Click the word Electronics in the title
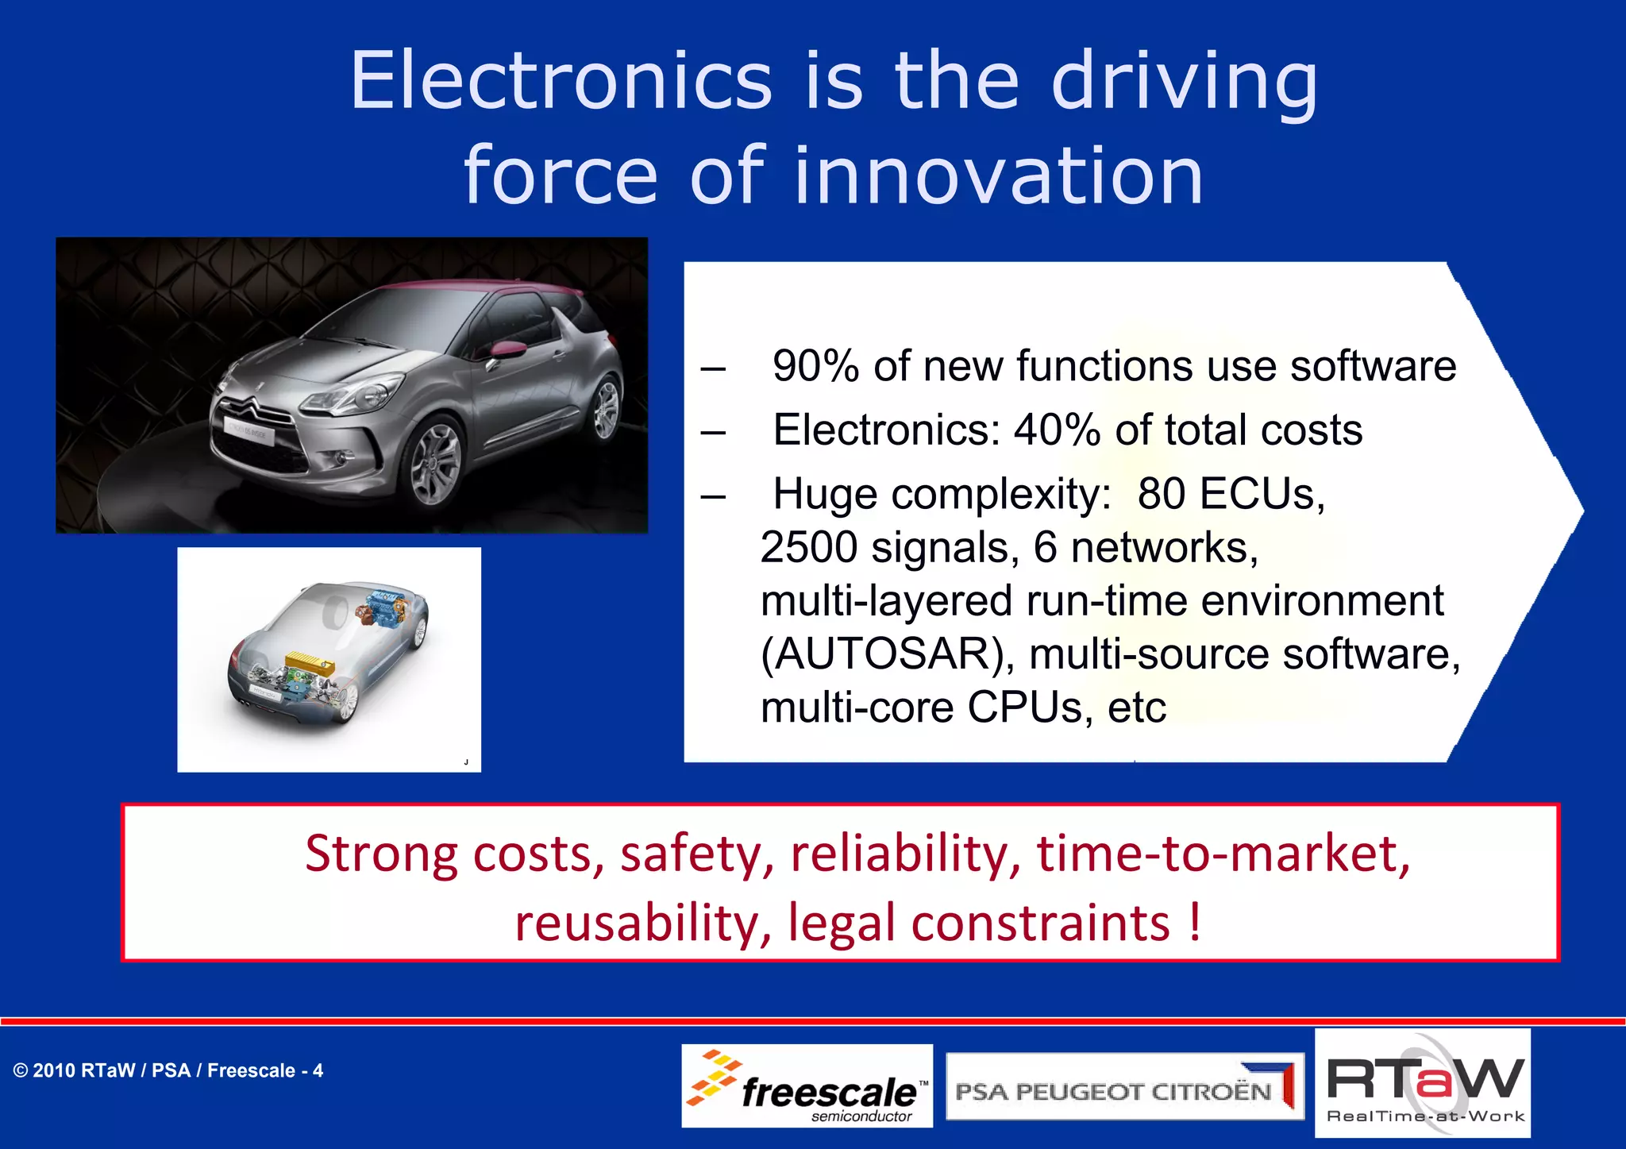561,81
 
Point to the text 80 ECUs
1231,494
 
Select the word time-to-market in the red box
1223,854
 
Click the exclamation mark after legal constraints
1195,923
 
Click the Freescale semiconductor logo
807,1086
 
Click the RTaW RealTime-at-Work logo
1423,1084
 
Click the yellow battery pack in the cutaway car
309,661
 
